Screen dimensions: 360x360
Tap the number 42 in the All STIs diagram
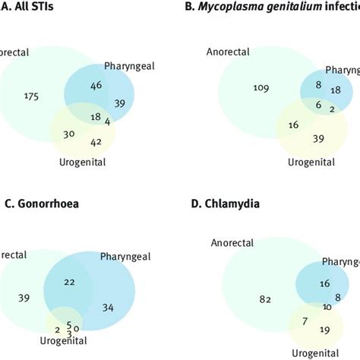tap(95, 141)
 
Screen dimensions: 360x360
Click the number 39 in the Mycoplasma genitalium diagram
tap(320, 137)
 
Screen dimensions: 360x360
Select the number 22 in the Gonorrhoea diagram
tap(69, 282)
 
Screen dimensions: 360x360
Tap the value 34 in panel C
tap(109, 308)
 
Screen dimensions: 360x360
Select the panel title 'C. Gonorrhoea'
tap(39, 204)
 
